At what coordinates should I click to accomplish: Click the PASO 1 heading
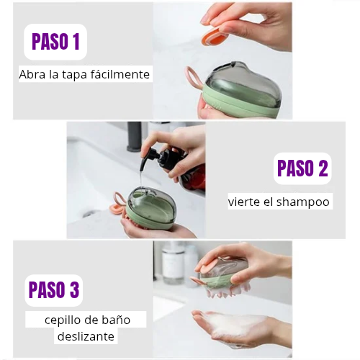[55, 42]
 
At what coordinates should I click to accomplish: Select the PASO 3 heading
[54, 289]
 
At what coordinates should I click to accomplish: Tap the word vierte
[243, 202]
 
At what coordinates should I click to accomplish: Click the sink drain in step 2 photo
[89, 213]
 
